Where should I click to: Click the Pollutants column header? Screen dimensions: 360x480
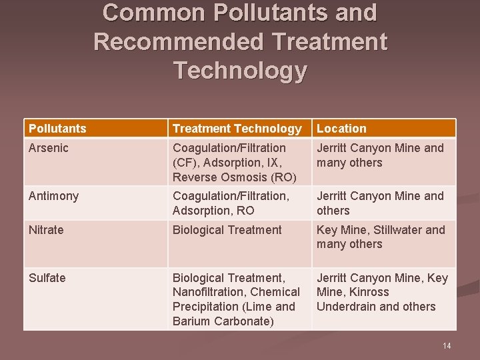point(57,129)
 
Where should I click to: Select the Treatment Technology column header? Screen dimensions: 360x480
point(237,129)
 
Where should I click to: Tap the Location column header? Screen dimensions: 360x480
point(341,129)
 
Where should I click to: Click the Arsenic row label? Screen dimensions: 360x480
point(49,148)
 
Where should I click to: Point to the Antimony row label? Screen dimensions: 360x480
point(53,196)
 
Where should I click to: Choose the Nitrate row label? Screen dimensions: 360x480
point(46,230)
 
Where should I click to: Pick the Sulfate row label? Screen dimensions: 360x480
point(47,278)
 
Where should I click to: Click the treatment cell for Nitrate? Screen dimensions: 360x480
point(227,230)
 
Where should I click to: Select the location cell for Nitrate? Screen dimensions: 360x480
point(381,237)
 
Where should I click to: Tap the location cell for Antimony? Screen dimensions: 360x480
point(380,203)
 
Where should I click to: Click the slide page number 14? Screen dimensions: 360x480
point(447,345)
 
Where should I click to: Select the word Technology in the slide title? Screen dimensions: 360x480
point(240,70)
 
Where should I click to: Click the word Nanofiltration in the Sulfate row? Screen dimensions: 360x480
point(208,292)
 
